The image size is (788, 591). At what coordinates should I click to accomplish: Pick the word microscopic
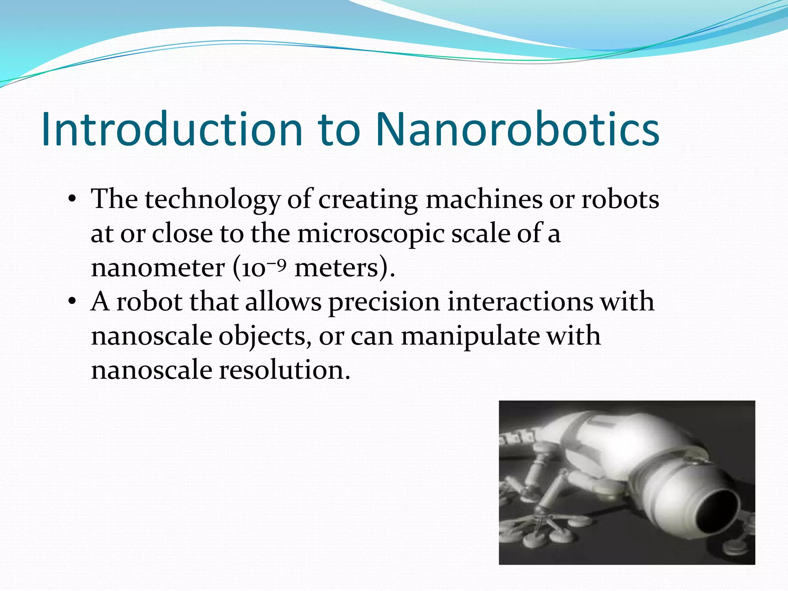point(371,234)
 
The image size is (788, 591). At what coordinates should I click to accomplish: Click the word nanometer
point(158,268)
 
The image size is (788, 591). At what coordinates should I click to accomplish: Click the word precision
point(384,302)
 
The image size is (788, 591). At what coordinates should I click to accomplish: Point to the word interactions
point(520,301)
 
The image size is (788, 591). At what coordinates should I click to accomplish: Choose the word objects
point(265,336)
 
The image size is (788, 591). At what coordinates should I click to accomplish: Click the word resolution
point(285,370)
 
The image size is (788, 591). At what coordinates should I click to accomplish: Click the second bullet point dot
point(72,302)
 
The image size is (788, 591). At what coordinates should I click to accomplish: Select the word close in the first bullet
point(182,234)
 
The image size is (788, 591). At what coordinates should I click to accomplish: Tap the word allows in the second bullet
point(283,301)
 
